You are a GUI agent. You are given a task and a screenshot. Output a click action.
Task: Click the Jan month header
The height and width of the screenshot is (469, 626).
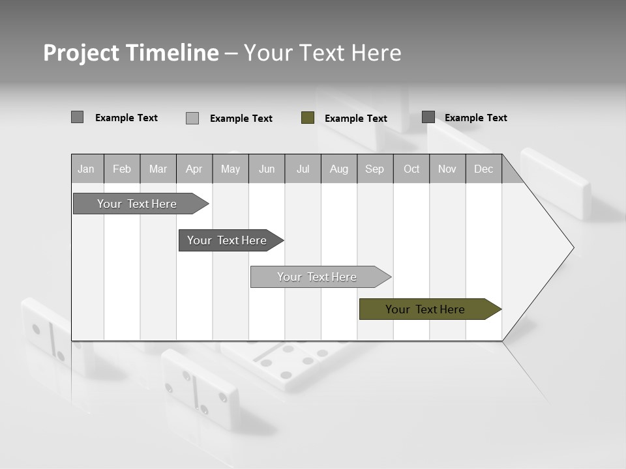click(x=86, y=169)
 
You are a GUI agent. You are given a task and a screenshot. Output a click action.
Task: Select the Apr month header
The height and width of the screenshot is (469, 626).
click(x=194, y=169)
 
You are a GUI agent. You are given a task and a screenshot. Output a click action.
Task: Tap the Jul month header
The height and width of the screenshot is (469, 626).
click(x=303, y=169)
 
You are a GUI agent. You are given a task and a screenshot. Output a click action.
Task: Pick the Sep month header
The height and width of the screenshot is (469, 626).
click(x=374, y=169)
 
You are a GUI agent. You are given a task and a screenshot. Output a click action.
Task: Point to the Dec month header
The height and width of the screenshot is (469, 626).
click(x=483, y=169)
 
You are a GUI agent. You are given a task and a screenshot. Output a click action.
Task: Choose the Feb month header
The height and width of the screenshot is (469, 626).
click(x=122, y=169)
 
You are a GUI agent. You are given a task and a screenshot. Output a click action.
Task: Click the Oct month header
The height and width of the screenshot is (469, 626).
click(x=411, y=169)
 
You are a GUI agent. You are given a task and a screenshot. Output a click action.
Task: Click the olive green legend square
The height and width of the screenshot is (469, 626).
click(x=308, y=117)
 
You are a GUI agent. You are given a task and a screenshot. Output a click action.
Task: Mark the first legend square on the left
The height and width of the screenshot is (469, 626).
click(x=77, y=117)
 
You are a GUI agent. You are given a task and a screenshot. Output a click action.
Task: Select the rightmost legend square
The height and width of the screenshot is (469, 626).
click(x=428, y=117)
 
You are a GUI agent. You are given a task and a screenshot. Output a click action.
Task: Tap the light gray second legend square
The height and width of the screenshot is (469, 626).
click(x=192, y=118)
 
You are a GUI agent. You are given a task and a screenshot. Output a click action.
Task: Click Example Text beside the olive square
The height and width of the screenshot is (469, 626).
click(x=355, y=118)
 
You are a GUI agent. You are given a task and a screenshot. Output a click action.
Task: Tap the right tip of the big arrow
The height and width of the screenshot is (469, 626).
click(x=572, y=248)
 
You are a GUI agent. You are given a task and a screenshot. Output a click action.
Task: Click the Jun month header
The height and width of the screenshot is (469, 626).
click(x=267, y=169)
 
